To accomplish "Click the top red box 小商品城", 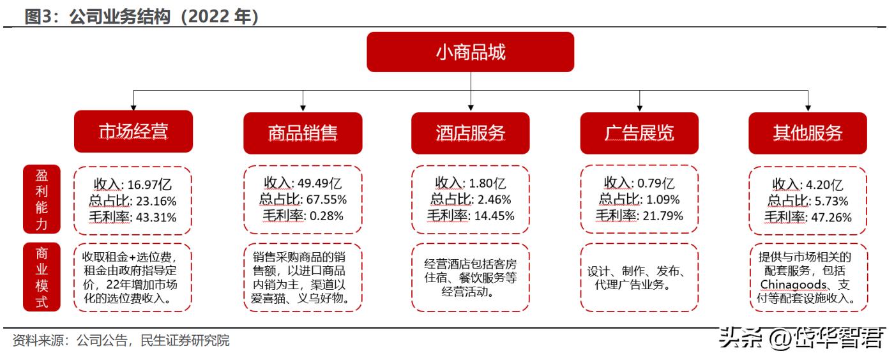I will (x=470, y=52).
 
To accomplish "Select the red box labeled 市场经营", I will (x=133, y=133).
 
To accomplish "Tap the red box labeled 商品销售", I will (x=303, y=133).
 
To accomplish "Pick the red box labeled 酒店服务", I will (x=470, y=133).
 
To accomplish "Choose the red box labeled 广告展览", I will (x=639, y=133).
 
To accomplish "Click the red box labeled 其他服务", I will (x=808, y=133).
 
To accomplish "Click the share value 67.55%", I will (x=319, y=200).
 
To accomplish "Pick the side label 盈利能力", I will (x=42, y=199).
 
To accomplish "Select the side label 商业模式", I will (x=42, y=277).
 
